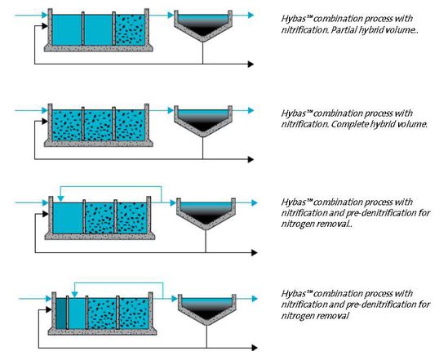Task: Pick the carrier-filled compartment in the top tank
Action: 129,30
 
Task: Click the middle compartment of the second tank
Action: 98,125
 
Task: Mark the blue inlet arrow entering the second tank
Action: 41,107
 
